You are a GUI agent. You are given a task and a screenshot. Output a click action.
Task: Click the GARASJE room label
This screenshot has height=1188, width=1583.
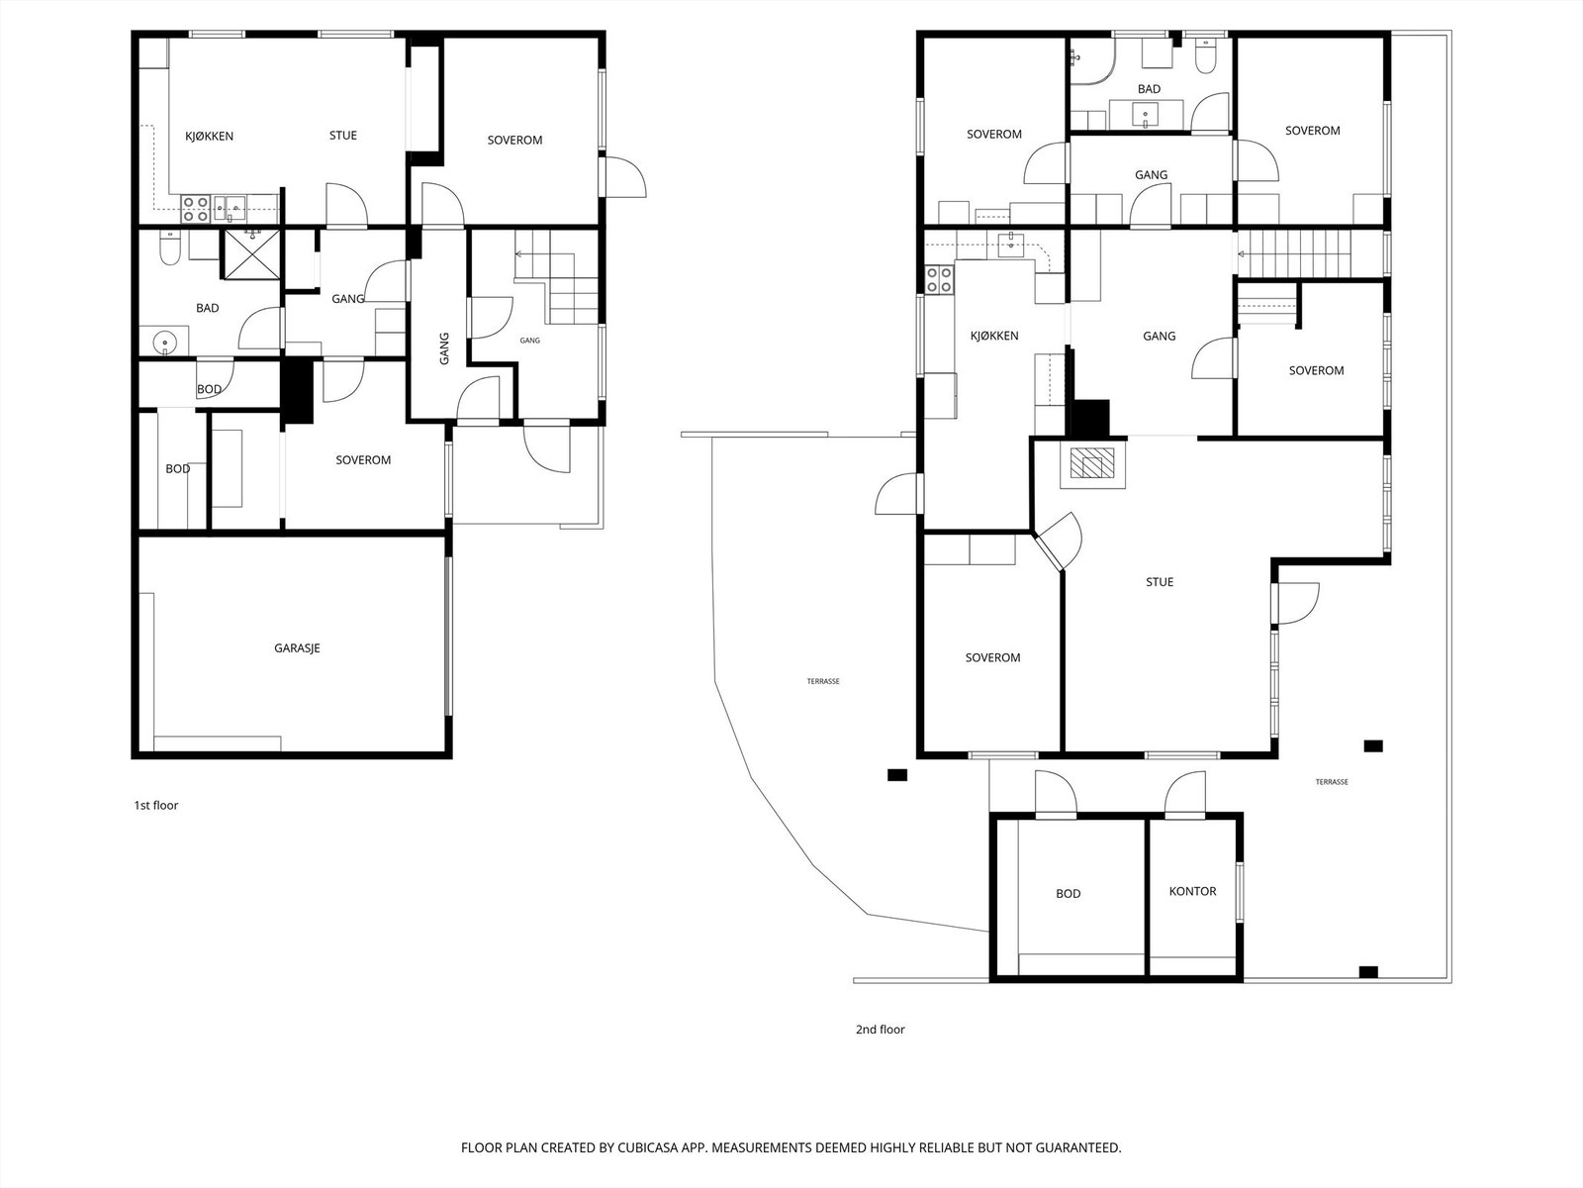[x=297, y=648]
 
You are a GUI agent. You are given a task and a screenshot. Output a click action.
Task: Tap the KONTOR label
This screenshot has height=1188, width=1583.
[x=1193, y=892]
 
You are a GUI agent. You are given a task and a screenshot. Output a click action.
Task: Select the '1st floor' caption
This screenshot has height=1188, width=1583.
[x=155, y=805]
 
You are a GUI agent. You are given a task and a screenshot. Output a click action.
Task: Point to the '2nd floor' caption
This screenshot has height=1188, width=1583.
[x=880, y=1030]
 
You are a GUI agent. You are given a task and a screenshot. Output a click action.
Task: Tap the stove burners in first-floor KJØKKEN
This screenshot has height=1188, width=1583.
[x=195, y=209]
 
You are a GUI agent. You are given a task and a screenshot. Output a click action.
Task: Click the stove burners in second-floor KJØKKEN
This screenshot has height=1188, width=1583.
[x=939, y=279]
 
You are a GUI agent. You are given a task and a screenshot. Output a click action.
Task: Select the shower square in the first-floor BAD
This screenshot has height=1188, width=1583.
[x=251, y=254]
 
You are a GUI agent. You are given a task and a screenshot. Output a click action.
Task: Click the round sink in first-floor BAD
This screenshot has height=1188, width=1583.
[x=165, y=342]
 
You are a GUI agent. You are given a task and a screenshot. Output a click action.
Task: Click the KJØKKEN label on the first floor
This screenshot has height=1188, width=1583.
[x=209, y=137]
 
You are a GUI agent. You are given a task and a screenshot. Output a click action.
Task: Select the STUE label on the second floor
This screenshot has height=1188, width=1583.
[x=1160, y=582]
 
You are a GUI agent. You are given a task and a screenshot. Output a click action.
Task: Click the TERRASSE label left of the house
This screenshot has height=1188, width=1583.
[x=823, y=681]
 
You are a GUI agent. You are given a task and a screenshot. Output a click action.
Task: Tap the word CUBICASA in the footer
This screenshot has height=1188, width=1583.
[x=648, y=1147]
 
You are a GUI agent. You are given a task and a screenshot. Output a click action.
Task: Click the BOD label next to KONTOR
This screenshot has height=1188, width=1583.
[x=1069, y=894]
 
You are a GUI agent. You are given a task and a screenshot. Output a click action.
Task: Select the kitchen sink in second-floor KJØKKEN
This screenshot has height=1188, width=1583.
[x=1011, y=244]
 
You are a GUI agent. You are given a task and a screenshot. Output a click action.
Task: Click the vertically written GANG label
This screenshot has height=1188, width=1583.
[x=444, y=348]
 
